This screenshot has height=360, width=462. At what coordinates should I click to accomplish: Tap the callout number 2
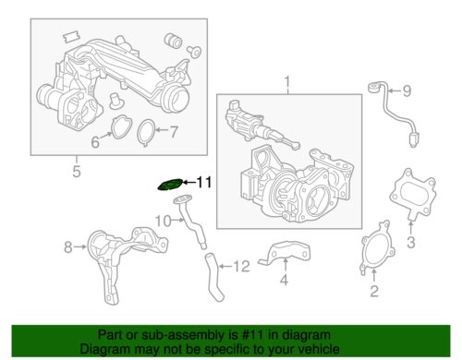[373, 293]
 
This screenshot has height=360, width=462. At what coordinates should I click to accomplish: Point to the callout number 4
[285, 280]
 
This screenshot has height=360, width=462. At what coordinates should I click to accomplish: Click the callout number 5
[78, 170]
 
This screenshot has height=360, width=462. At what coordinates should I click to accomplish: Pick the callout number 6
[94, 141]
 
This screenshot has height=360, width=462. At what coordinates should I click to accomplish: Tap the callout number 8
[67, 246]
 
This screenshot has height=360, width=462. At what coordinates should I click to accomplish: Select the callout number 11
[204, 184]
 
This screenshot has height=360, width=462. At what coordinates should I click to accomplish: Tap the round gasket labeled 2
[374, 256]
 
